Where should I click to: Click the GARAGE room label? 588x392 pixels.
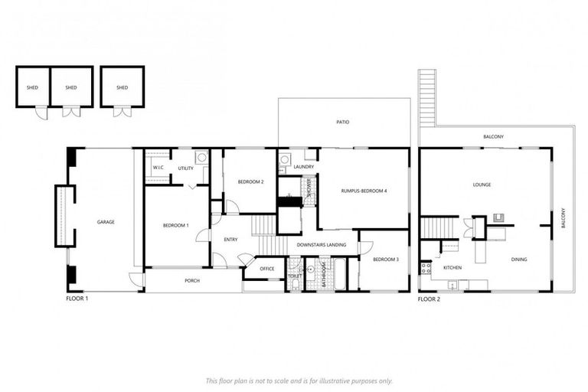pyautogui.click(x=105, y=222)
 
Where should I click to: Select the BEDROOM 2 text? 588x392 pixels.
pyautogui.click(x=250, y=181)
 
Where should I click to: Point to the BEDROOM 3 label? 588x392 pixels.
pyautogui.click(x=386, y=260)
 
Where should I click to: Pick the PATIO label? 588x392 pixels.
pyautogui.click(x=342, y=122)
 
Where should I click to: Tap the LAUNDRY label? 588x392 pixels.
pyautogui.click(x=304, y=166)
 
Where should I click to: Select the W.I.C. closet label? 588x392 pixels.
pyautogui.click(x=158, y=167)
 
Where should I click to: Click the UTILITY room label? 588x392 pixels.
pyautogui.click(x=185, y=167)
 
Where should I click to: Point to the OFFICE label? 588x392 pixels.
pyautogui.click(x=266, y=269)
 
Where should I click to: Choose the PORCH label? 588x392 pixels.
pyautogui.click(x=192, y=280)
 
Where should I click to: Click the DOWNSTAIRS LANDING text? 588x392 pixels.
pyautogui.click(x=322, y=245)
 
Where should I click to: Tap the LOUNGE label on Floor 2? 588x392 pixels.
pyautogui.click(x=482, y=185)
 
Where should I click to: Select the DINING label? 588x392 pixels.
pyautogui.click(x=520, y=260)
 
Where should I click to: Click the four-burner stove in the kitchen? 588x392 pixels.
pyautogui.click(x=426, y=268)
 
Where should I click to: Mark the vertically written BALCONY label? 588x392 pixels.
pyautogui.click(x=563, y=218)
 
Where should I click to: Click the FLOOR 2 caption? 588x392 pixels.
pyautogui.click(x=429, y=299)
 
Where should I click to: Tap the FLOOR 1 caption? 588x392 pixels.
pyautogui.click(x=77, y=299)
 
